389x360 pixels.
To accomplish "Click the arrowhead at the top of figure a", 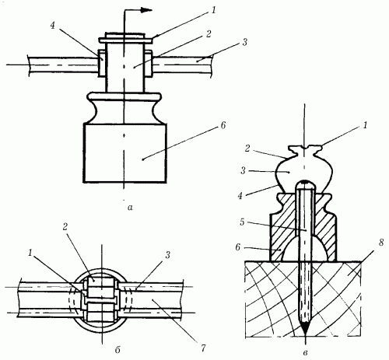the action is [146, 10].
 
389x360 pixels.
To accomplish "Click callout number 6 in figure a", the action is [223, 125].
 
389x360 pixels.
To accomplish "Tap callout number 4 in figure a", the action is [53, 25].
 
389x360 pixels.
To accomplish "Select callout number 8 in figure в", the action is [380, 243].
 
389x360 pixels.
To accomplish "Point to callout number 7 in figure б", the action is [203, 348].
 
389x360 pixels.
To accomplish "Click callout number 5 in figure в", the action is [242, 222].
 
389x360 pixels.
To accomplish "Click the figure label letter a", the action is [131, 207].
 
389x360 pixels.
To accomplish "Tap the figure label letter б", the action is [117, 350].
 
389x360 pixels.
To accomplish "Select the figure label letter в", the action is [306, 353].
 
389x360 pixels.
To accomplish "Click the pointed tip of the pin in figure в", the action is [306, 335].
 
